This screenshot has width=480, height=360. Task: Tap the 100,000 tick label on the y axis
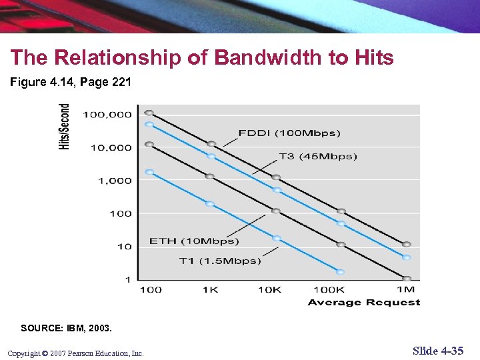click(x=107, y=115)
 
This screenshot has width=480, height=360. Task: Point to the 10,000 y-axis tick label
click(x=109, y=147)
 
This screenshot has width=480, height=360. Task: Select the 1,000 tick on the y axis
click(x=115, y=181)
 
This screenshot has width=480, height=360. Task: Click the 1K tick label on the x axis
click(x=211, y=289)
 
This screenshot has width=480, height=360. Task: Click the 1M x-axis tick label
click(x=405, y=289)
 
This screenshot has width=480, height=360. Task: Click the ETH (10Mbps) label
click(x=194, y=241)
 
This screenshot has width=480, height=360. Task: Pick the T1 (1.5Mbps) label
click(x=220, y=261)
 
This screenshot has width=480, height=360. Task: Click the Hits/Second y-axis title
click(x=65, y=127)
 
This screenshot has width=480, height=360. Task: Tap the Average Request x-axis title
click(x=364, y=303)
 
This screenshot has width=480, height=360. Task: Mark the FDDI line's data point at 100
click(x=149, y=113)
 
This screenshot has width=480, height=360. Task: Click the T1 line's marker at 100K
click(x=340, y=272)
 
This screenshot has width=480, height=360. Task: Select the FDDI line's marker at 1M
click(x=406, y=244)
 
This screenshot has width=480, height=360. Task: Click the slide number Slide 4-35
click(x=438, y=351)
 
